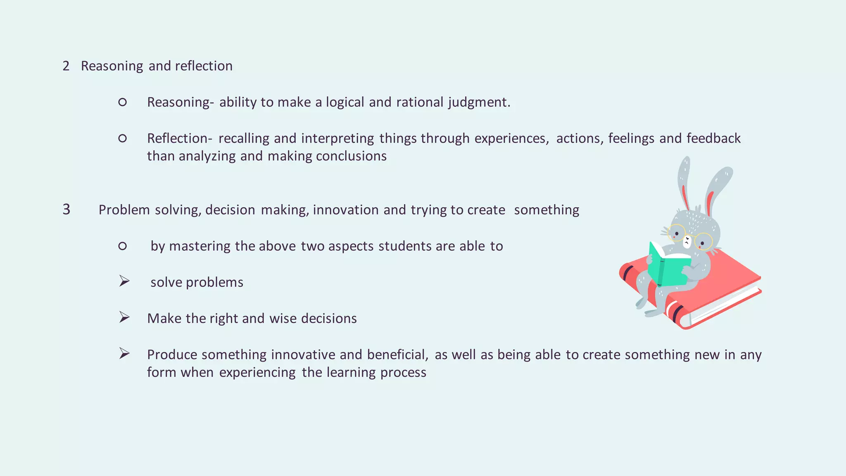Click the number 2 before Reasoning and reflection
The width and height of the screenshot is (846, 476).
pos(66,66)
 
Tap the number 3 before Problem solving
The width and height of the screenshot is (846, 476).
pos(67,209)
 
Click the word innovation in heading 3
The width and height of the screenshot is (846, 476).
pos(345,210)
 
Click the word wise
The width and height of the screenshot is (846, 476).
pos(283,319)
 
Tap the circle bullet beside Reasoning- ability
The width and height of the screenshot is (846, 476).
pos(122,102)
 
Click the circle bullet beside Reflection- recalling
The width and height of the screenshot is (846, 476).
pos(122,138)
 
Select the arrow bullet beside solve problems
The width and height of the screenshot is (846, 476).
pos(124,281)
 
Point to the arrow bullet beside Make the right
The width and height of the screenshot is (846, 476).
pos(124,317)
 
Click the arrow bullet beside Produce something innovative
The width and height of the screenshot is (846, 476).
pos(124,354)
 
